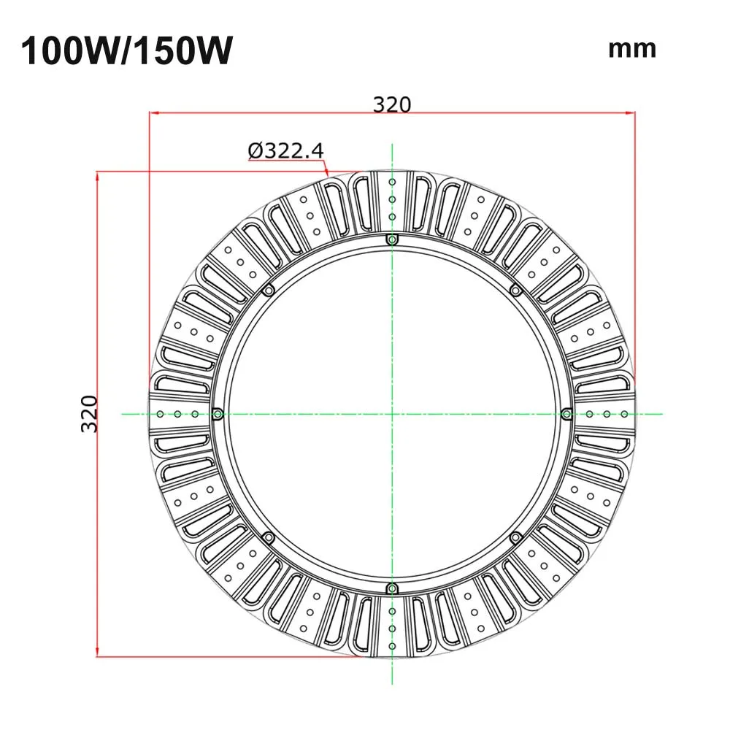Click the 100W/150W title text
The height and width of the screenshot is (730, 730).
pyautogui.click(x=126, y=50)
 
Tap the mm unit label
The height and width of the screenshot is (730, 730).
pyautogui.click(x=632, y=50)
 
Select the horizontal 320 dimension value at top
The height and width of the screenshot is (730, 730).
pyautogui.click(x=392, y=104)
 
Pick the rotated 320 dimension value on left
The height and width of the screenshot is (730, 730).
pyautogui.click(x=89, y=413)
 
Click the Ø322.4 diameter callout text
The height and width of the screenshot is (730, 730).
pyautogui.click(x=286, y=150)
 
